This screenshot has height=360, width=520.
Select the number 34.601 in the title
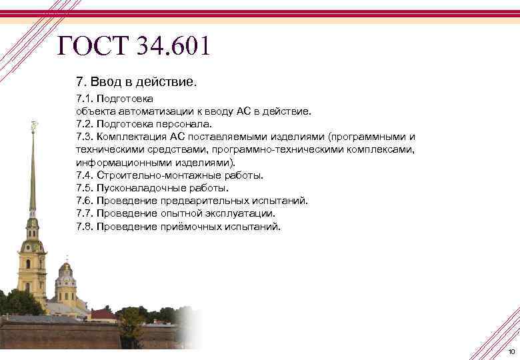(172, 46)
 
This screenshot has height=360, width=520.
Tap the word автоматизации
(148, 111)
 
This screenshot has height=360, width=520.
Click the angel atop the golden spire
(34, 125)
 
